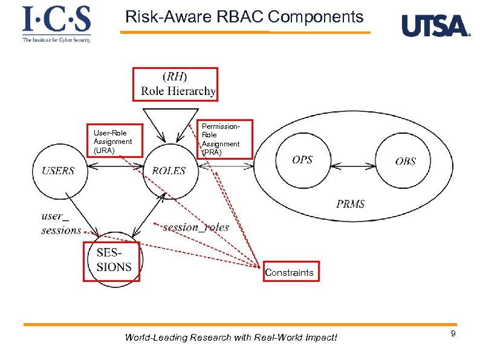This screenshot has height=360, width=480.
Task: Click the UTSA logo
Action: tap(435, 26)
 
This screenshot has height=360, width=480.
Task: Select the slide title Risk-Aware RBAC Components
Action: tap(244, 17)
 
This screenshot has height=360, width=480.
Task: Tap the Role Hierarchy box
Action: tap(175, 84)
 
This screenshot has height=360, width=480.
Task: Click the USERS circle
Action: tap(58, 171)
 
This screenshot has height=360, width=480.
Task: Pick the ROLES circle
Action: tap(169, 171)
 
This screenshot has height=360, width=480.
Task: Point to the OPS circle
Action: tap(302, 160)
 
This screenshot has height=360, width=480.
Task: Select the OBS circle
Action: tap(405, 161)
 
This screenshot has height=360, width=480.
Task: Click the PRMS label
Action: tap(351, 204)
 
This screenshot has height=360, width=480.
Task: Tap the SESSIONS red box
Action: tap(111, 261)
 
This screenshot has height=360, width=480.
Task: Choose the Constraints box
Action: tap(289, 272)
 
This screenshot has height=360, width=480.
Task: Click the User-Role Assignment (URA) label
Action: tap(112, 140)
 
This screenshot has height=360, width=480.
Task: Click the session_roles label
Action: tap(196, 227)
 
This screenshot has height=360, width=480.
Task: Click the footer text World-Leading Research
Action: tap(231, 337)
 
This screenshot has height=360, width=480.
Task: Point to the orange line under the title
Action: tap(245, 32)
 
